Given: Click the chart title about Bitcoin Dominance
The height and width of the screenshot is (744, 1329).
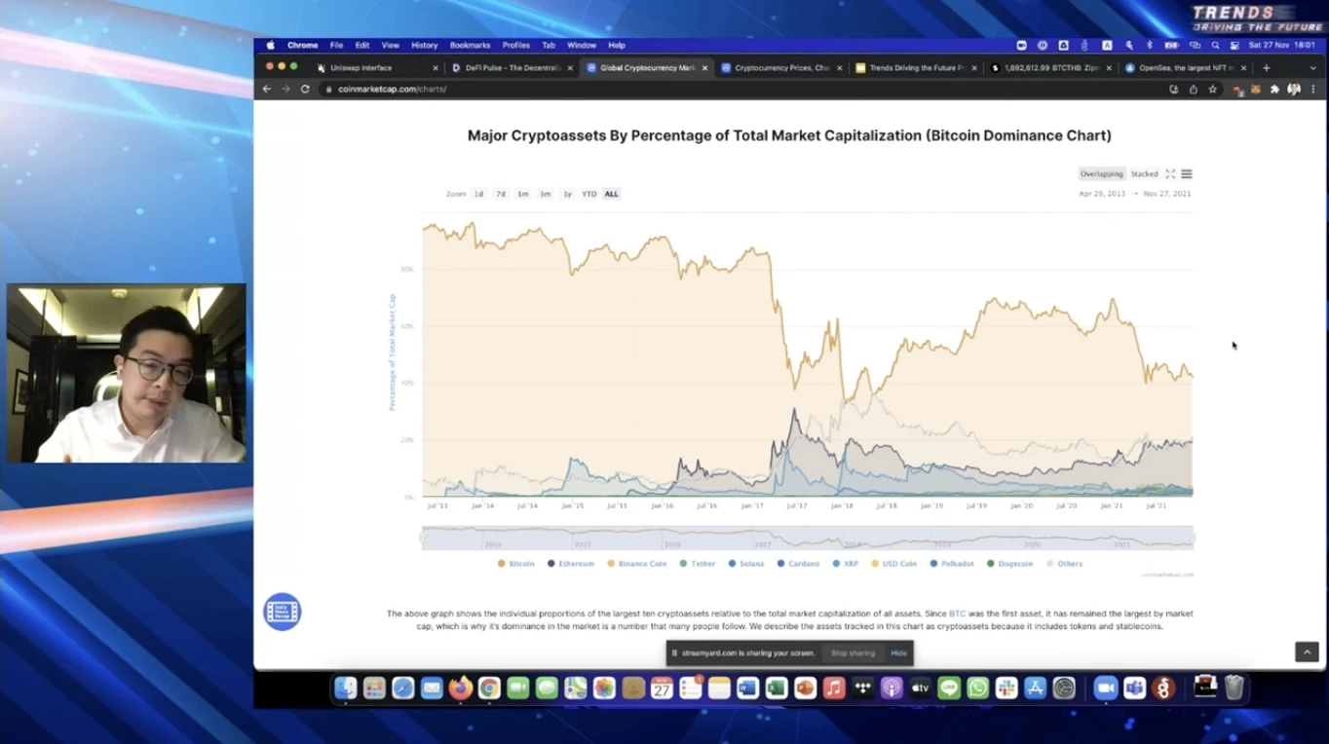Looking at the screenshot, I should (789, 135).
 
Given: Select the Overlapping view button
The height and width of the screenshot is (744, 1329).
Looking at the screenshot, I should (1101, 174).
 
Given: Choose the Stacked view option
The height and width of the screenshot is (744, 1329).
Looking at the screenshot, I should (1144, 174).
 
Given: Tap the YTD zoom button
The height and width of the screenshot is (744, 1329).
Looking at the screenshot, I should (589, 194).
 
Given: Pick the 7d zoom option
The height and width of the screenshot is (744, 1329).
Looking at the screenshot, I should (501, 194).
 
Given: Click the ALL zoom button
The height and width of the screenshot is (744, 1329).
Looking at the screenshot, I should (611, 194).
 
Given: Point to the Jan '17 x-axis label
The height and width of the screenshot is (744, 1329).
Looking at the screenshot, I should (751, 506).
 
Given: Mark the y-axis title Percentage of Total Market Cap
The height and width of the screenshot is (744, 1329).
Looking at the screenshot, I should (393, 352).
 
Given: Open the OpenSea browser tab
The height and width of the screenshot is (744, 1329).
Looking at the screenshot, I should (1179, 68).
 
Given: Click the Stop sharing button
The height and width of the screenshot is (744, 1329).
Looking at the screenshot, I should (853, 653).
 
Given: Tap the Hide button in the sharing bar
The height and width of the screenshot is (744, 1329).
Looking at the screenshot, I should (898, 653).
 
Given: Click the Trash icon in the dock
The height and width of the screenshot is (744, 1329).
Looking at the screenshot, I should (1234, 688).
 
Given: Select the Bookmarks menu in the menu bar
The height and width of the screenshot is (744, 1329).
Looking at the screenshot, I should (470, 45).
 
